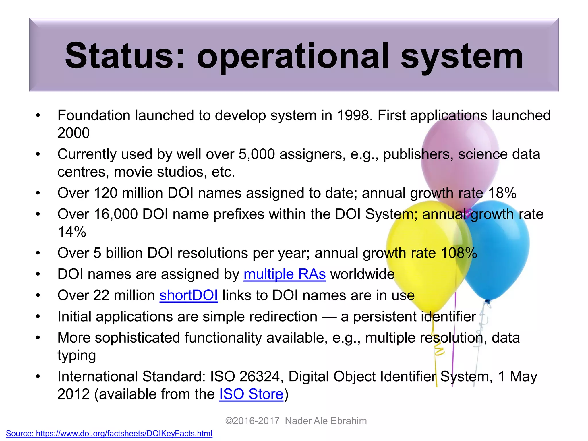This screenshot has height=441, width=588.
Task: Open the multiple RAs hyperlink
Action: point(285,274)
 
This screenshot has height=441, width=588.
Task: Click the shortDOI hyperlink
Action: point(189,295)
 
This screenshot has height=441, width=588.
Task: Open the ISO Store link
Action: point(251,394)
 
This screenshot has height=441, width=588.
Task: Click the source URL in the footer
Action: point(109,433)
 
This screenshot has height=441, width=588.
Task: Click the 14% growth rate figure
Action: point(72,232)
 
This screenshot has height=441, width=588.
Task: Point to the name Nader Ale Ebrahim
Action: point(326,421)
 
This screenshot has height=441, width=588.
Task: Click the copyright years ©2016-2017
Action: point(252,421)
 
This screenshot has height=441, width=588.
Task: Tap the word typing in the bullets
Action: point(76,356)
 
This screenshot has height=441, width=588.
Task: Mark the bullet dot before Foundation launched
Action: point(38,116)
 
